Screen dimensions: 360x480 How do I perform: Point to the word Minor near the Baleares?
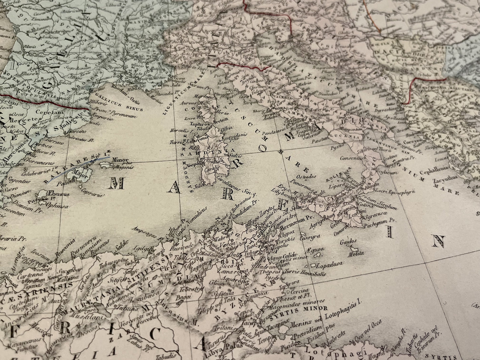tap(120, 160)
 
